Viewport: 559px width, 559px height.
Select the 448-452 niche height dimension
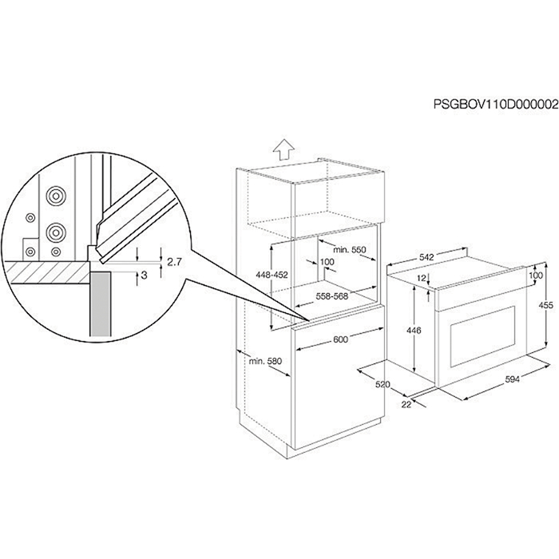click(272, 275)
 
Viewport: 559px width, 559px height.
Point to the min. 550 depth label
click(350, 249)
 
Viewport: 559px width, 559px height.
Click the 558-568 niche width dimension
click(332, 296)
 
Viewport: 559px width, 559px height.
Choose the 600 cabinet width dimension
click(340, 339)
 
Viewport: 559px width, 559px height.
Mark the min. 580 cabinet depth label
click(265, 361)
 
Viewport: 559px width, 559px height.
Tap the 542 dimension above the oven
click(426, 257)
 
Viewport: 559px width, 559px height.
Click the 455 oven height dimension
click(545, 305)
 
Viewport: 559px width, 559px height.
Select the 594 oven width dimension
click(513, 379)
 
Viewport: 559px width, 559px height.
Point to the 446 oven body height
click(414, 331)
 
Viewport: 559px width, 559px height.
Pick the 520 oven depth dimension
click(383, 384)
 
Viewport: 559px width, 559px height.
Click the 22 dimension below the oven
click(406, 404)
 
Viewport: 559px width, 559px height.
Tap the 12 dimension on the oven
click(422, 279)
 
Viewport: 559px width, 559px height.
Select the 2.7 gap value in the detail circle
click(174, 262)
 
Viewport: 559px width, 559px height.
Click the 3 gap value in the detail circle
click(145, 275)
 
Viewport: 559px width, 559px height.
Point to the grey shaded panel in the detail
click(100, 304)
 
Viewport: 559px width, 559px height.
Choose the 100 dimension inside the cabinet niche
click(327, 262)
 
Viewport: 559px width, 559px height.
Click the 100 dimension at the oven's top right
click(536, 276)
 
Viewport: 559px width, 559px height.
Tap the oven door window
click(483, 337)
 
